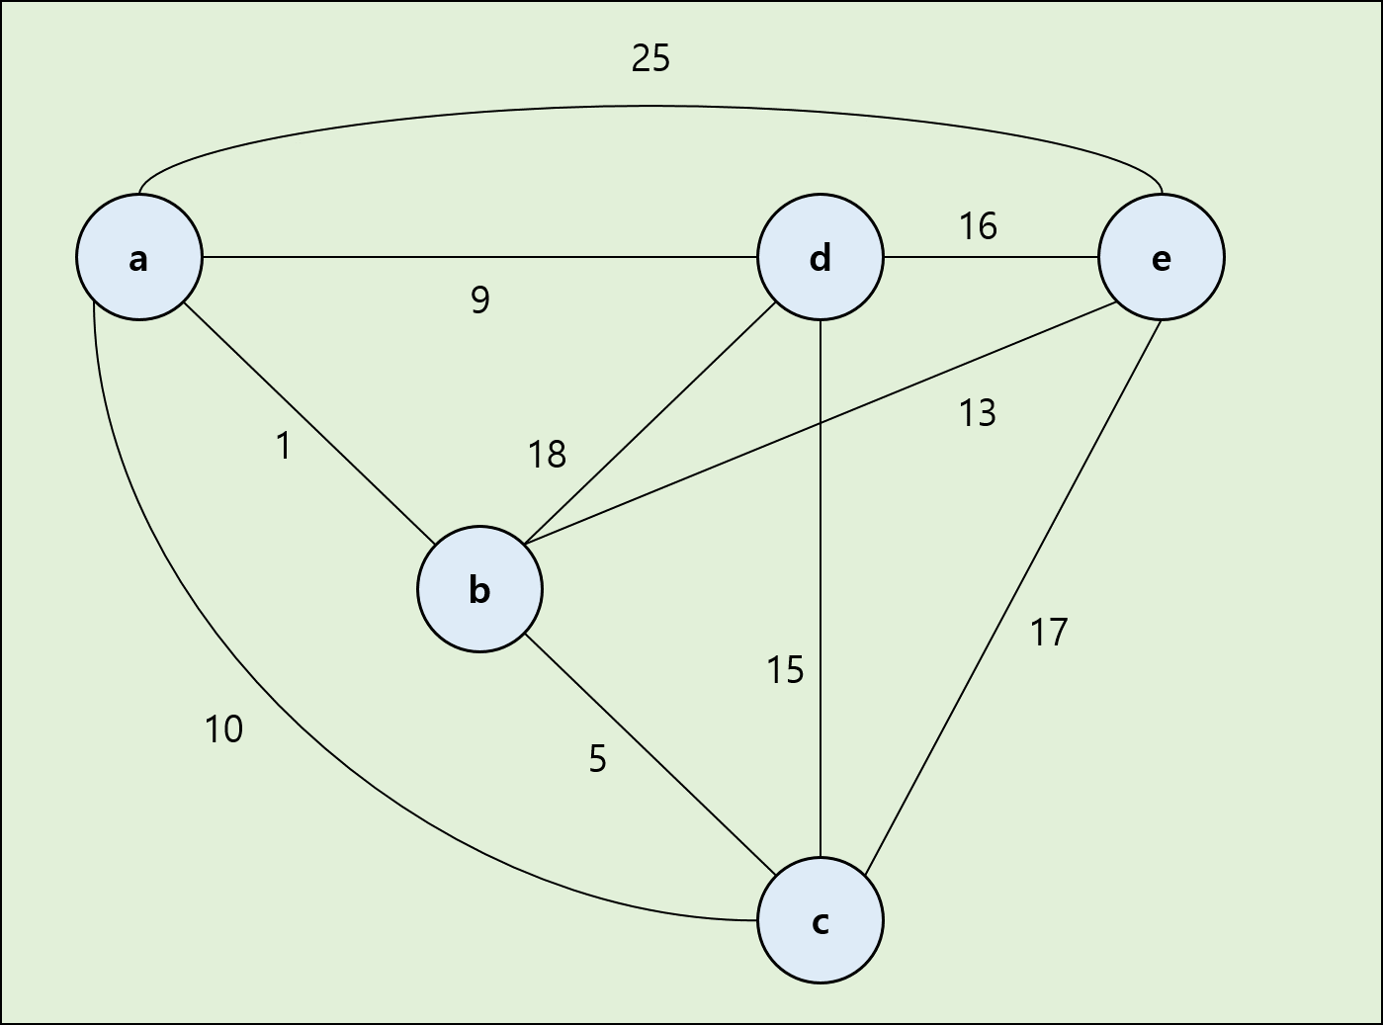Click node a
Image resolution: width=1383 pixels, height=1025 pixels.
tap(139, 258)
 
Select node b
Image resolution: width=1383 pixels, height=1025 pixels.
tap(479, 590)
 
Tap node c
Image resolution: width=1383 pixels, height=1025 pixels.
tap(820, 921)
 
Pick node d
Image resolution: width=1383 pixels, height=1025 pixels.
tap(820, 258)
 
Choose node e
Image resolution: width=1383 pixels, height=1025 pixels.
tap(1161, 258)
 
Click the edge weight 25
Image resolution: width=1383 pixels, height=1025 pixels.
tap(650, 59)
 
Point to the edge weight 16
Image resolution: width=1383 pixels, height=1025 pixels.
tap(978, 227)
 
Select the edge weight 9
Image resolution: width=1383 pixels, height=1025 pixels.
tap(479, 299)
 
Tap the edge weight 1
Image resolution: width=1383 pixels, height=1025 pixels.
tap(284, 447)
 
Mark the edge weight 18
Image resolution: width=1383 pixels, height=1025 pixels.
tap(547, 455)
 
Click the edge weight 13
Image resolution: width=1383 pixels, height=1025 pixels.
tap(978, 413)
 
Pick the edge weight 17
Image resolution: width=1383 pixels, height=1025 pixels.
tap(1049, 633)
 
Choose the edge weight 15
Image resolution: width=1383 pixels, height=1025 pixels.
tap(786, 671)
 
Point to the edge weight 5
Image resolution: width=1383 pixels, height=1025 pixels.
tap(597, 759)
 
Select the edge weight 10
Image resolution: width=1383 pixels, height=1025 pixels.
tap(223, 729)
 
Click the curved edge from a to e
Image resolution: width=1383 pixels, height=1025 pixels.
tap(650, 106)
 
